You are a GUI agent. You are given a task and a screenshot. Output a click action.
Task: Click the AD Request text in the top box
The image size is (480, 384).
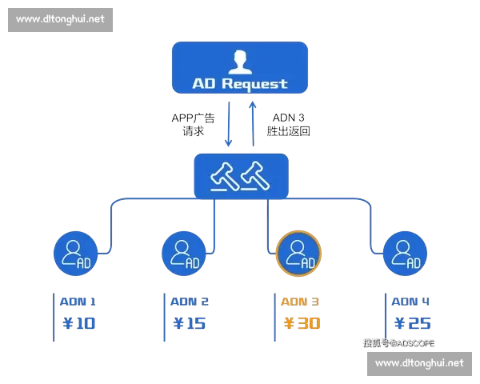click(x=239, y=83)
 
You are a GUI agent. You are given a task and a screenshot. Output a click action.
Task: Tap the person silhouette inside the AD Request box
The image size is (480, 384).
click(x=239, y=61)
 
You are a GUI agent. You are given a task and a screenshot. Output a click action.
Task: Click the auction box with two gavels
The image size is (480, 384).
click(x=241, y=174)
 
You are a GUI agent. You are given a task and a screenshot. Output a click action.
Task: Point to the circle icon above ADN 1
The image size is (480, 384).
click(x=77, y=254)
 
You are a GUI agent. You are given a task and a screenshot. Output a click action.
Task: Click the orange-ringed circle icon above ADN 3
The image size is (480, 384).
click(x=298, y=254)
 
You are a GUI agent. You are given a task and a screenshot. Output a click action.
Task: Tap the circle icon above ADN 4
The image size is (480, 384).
click(x=406, y=254)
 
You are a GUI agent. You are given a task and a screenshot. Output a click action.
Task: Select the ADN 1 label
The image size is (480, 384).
click(x=78, y=302)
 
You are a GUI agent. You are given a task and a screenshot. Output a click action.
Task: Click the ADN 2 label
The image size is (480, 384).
click(x=190, y=302)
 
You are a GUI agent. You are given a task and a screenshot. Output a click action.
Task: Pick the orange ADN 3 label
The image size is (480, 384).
click(x=300, y=302)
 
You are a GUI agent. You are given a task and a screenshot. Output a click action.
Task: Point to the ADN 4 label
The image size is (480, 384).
click(x=411, y=302)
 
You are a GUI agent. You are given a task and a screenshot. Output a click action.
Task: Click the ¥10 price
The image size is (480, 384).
click(x=78, y=324)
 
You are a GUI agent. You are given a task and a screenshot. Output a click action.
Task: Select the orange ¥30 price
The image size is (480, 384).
click(x=301, y=324)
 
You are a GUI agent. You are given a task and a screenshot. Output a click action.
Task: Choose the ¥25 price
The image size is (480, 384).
click(x=412, y=324)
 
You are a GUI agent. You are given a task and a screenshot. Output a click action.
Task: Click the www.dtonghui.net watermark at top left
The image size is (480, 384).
click(x=61, y=19)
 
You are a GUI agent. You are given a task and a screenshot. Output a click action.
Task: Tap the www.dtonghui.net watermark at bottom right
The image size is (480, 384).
click(x=418, y=363)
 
